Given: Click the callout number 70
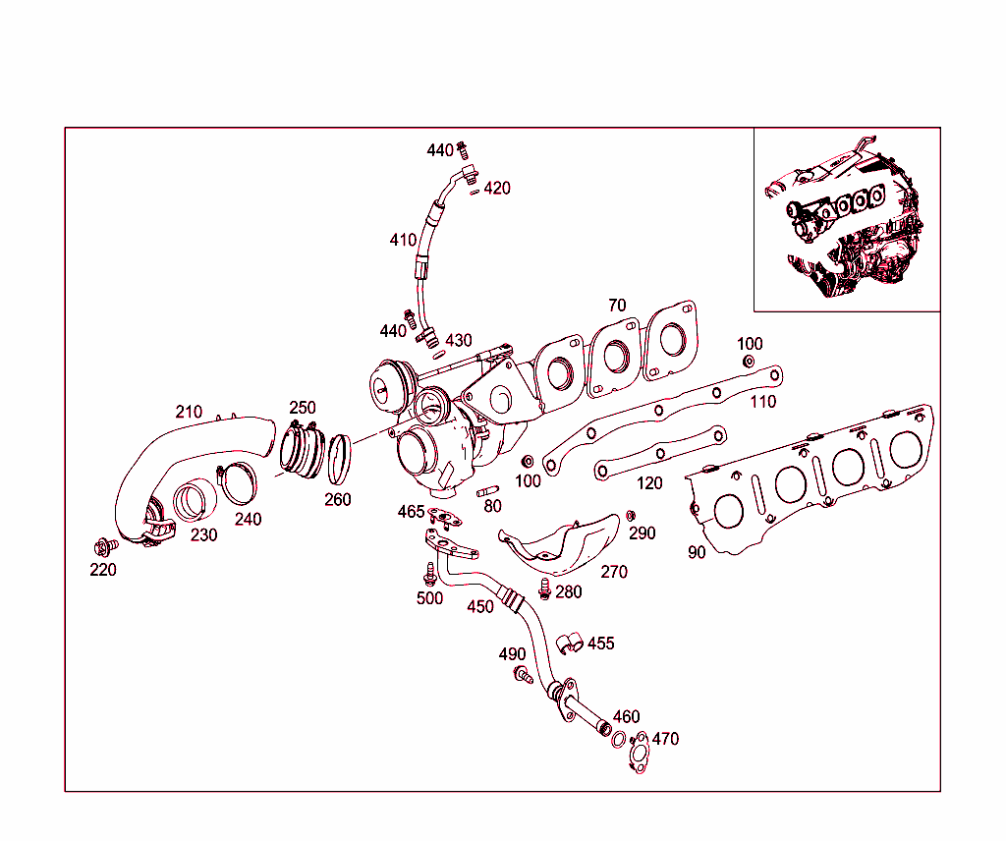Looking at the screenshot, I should pyautogui.click(x=617, y=306).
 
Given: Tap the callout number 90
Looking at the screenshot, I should pyautogui.click(x=697, y=552).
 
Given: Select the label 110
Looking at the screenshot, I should pyautogui.click(x=762, y=401).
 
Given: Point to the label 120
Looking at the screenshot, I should pyautogui.click(x=649, y=482).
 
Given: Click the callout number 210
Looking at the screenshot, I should pyautogui.click(x=190, y=412).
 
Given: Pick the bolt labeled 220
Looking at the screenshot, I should pyautogui.click(x=102, y=545).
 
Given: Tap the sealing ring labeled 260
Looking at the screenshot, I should pyautogui.click(x=339, y=459).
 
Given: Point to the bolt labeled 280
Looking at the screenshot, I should pyautogui.click(x=545, y=589).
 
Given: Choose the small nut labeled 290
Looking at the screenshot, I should pyautogui.click(x=631, y=516).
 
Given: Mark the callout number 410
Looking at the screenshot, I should pyautogui.click(x=403, y=239).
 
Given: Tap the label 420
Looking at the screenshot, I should pyautogui.click(x=497, y=188).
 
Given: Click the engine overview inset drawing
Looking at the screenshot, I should pyautogui.click(x=847, y=219).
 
